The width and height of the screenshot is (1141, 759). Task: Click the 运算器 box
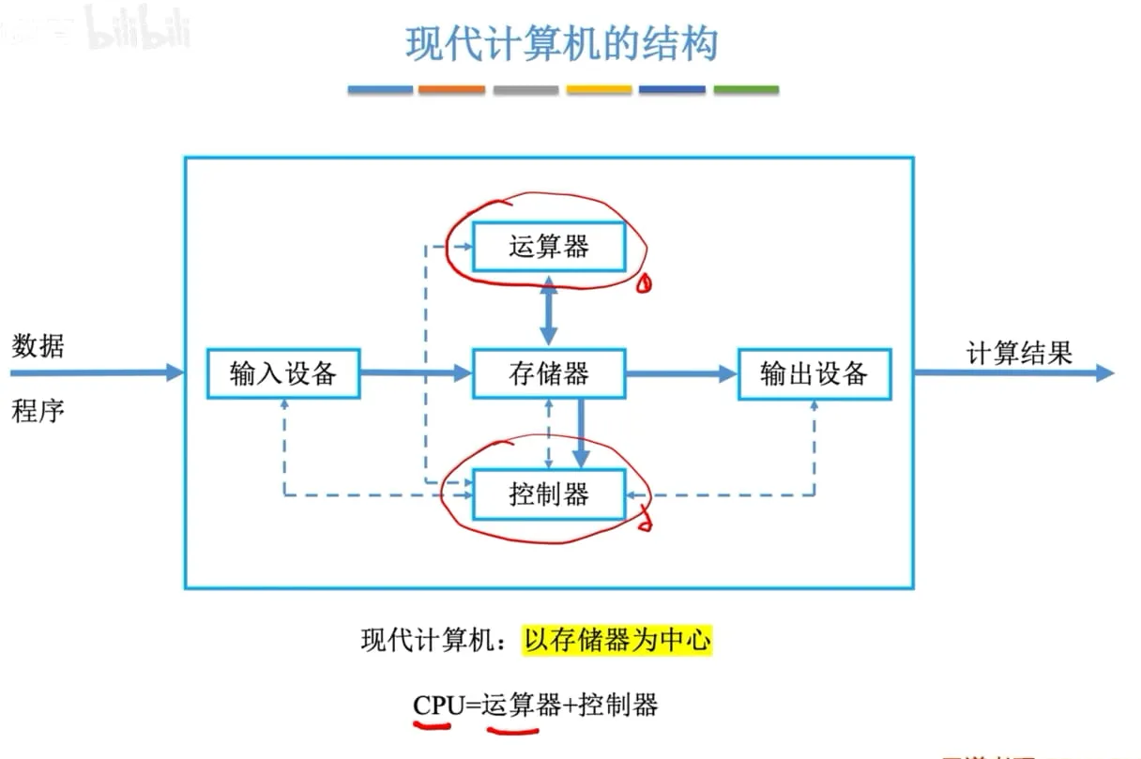[549, 247]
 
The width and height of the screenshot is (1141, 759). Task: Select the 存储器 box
[549, 373]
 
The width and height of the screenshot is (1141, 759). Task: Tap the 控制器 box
[549, 494]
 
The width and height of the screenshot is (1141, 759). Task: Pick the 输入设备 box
[283, 373]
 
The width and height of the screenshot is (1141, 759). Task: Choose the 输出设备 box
[814, 374]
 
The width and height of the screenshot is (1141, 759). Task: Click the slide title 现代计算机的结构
[562, 44]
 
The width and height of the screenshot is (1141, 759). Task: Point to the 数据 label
[38, 346]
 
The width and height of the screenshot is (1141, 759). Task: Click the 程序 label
[38, 411]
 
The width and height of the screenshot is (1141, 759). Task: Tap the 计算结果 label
[1019, 353]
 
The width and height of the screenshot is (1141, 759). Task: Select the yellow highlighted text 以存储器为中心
[617, 640]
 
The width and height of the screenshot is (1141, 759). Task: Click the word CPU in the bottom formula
[438, 705]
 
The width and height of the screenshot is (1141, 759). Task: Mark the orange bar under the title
[451, 90]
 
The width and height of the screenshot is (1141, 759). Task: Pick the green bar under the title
[746, 90]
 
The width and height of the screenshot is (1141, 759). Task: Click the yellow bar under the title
[599, 90]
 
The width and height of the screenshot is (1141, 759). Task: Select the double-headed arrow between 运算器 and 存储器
[549, 311]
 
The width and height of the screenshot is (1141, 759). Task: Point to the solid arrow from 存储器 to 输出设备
[681, 373]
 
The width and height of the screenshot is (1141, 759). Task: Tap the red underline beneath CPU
[432, 725]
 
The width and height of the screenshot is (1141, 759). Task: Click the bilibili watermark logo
[138, 28]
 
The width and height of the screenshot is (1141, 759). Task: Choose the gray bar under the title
[525, 90]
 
